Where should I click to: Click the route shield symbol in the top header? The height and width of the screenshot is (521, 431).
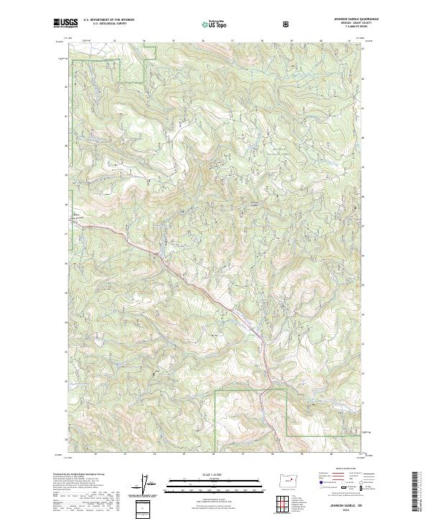click(x=287, y=24)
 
